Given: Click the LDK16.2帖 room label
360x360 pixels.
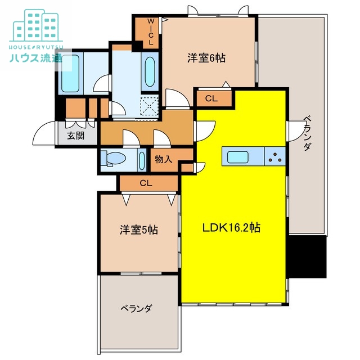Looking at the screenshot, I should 231,228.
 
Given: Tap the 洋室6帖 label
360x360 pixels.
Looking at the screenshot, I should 206,57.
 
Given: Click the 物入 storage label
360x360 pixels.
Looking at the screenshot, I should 163,159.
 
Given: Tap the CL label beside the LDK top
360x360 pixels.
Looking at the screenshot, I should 211,99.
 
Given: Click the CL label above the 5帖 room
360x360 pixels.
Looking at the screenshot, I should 146,183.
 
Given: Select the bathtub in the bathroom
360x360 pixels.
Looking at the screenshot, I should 71,72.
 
